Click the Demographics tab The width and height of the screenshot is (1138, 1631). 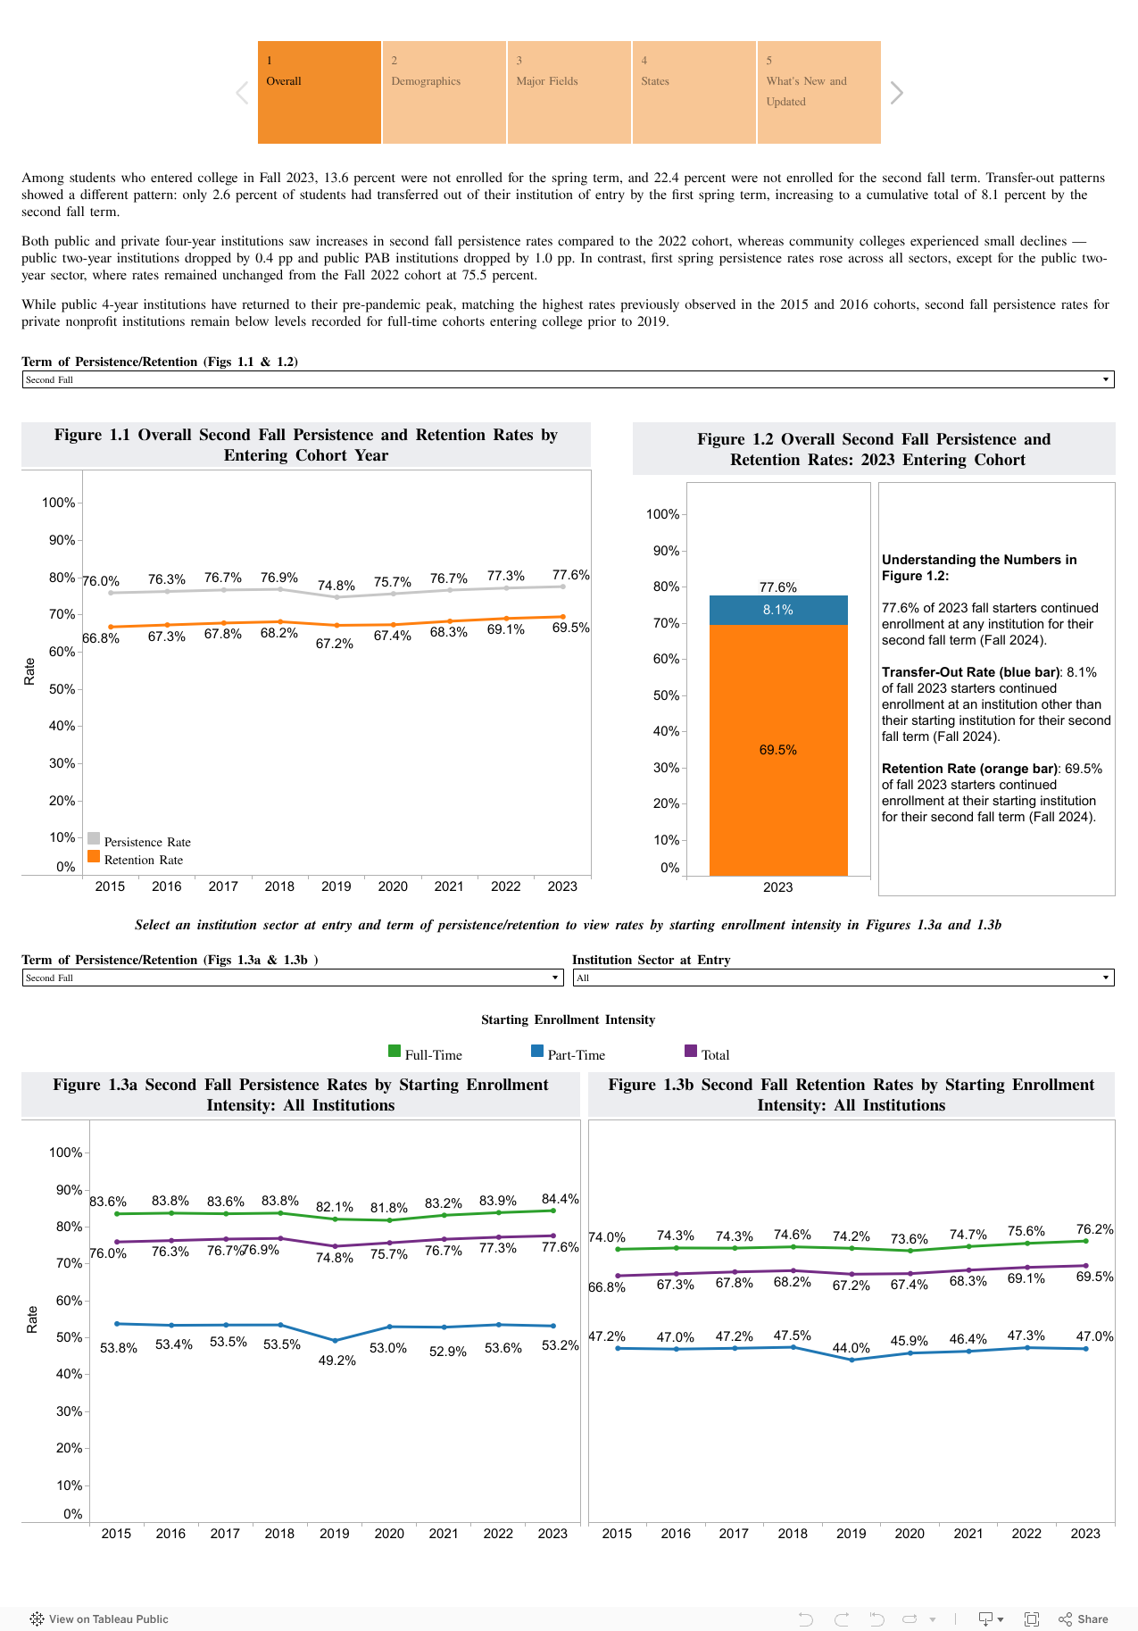click(444, 92)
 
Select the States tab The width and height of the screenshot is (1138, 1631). click(694, 92)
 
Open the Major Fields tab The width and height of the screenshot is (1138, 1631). click(569, 92)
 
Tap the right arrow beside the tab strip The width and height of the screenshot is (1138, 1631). click(897, 93)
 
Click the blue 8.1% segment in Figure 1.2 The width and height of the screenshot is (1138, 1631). click(778, 610)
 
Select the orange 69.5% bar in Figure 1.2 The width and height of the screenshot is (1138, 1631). click(778, 750)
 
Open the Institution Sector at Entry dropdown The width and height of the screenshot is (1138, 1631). click(843, 978)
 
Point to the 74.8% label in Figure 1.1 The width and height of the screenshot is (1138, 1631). click(336, 586)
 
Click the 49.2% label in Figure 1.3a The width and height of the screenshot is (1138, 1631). click(337, 1361)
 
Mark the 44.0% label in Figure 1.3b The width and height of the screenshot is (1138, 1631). click(851, 1348)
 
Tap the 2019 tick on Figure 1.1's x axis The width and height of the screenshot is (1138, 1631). click(336, 886)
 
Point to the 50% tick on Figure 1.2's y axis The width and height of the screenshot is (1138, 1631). click(667, 695)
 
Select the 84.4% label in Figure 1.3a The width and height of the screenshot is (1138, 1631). click(560, 1199)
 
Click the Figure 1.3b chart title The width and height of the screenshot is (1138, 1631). click(851, 1094)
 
